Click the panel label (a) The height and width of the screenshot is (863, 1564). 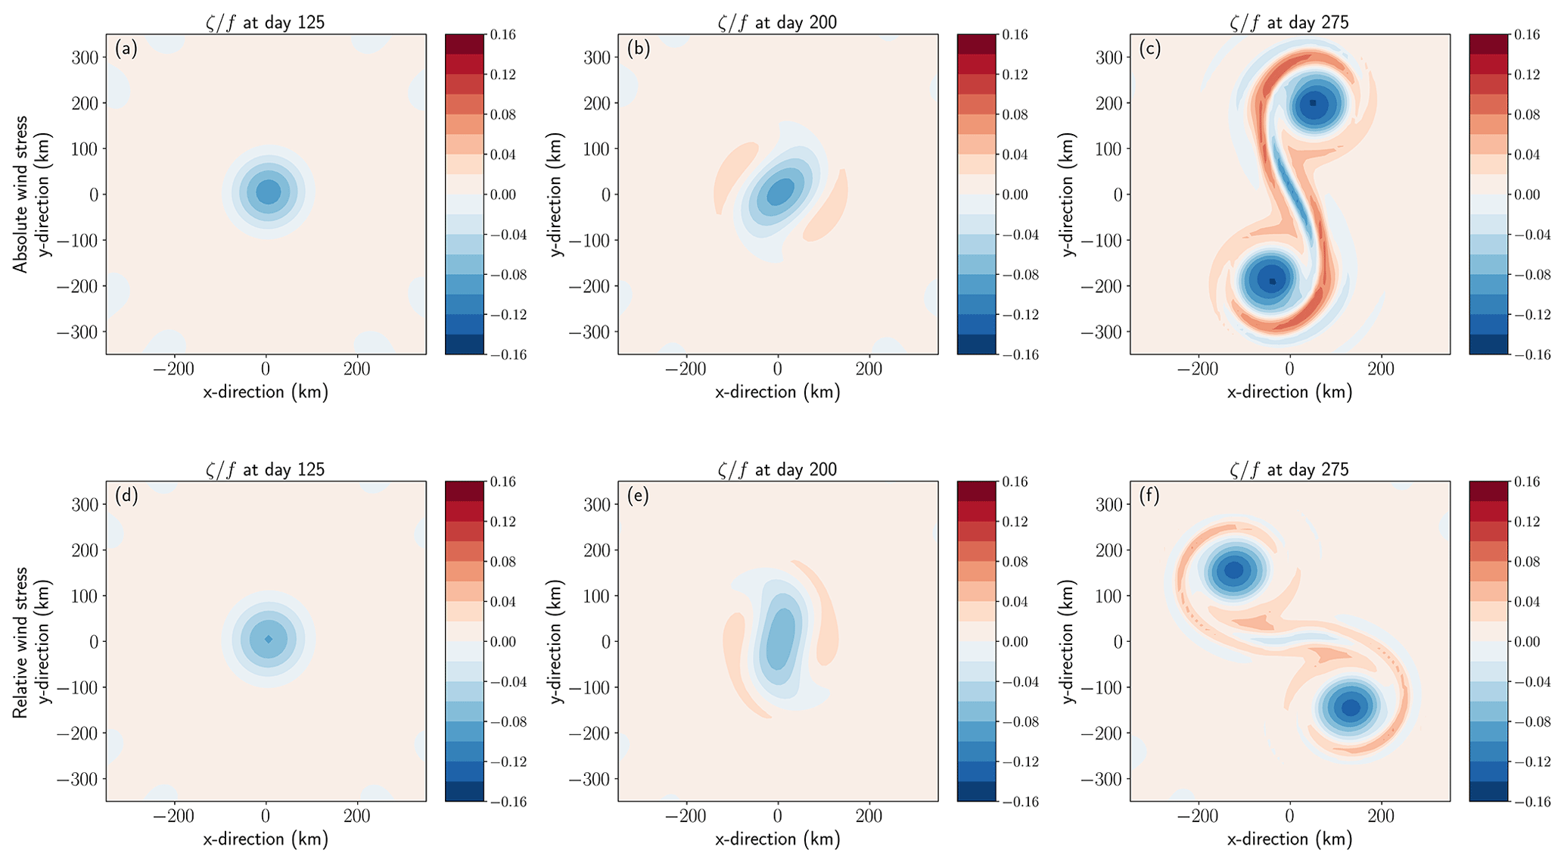coord(126,50)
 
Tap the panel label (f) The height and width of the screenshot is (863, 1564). coord(1150,497)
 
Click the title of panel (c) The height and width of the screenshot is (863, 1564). coord(1289,22)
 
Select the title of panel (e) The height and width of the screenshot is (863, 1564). coord(777,469)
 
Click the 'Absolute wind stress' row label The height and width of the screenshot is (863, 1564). coord(20,194)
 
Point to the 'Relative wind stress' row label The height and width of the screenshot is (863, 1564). coord(20,641)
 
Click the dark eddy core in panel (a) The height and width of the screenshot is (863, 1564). coord(268,192)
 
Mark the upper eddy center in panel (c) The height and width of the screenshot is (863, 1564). coord(1313,103)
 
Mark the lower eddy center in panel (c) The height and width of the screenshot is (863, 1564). coord(1272,281)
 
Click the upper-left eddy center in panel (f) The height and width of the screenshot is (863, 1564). coord(1234,569)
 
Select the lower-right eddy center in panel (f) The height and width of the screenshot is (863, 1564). coord(1351,707)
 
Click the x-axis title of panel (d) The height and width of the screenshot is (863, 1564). coord(266,840)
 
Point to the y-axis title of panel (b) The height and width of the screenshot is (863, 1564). coord(557,194)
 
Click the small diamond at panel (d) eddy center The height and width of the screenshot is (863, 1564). coord(269,639)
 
